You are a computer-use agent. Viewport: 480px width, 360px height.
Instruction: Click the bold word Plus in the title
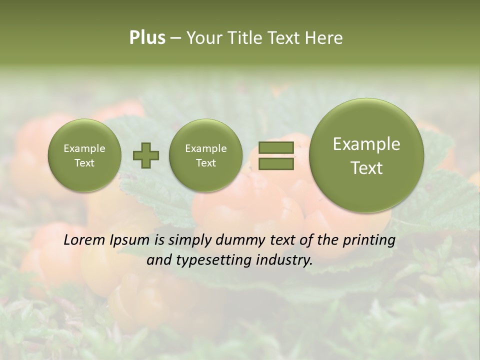(147, 38)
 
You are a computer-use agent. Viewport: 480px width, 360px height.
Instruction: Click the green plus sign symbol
(146, 155)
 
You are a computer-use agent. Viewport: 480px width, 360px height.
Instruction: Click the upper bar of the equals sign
(275, 147)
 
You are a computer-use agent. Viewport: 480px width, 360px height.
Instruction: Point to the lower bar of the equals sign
(275, 163)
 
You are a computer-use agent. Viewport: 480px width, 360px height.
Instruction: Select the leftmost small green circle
(84, 155)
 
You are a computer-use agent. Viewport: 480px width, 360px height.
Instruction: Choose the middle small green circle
(205, 155)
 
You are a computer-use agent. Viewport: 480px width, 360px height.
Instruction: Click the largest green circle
(366, 155)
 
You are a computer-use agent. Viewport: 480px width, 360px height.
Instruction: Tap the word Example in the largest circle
(366, 144)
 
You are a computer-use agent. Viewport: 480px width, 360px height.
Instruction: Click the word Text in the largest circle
(366, 168)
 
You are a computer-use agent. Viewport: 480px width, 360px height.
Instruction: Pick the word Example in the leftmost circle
(84, 148)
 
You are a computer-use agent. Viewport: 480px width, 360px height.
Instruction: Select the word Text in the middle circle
(205, 163)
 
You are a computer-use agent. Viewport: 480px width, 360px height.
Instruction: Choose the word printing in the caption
(369, 240)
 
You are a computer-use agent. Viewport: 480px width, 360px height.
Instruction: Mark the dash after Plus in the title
(175, 38)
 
